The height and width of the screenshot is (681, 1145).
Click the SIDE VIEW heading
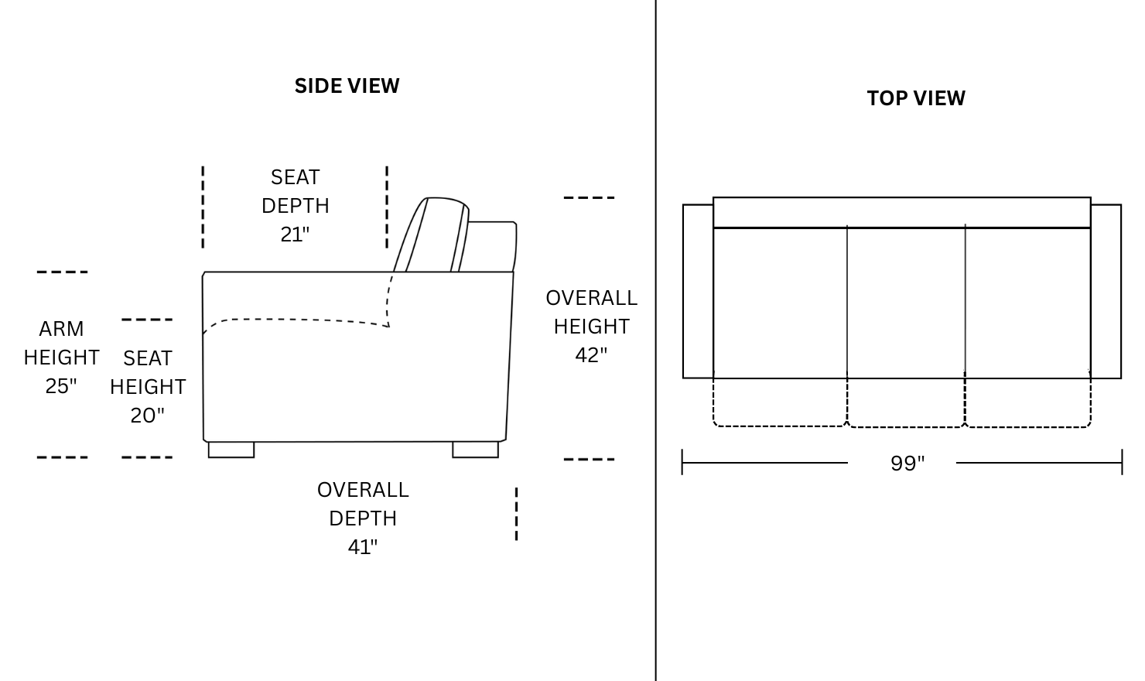coord(347,85)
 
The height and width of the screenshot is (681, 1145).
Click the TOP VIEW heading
coord(916,98)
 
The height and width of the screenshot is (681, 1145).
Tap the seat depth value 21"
coord(295,234)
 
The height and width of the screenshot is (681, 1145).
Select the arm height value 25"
coord(61,385)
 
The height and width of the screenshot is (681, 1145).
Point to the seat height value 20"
coord(147,415)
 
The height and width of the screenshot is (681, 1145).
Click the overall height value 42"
coord(591,354)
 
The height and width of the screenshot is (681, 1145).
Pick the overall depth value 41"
coord(362,546)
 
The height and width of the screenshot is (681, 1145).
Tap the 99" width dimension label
coord(907,463)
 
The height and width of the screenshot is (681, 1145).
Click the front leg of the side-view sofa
coord(231,450)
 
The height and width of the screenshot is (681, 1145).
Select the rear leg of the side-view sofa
coord(475,450)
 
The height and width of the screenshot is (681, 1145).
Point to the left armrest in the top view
coord(698,291)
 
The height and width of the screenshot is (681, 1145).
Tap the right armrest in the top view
coord(1106,291)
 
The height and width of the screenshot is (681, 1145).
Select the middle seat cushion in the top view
coord(906,302)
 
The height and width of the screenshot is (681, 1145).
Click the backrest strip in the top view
coord(901,212)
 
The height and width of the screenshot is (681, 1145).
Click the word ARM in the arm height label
coord(61,329)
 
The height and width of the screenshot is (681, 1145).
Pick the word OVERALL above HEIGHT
coord(591,298)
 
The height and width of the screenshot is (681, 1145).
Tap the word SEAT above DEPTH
coord(295,177)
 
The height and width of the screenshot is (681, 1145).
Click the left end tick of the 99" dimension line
coord(682,462)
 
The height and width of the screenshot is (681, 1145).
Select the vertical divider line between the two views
coord(656,340)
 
